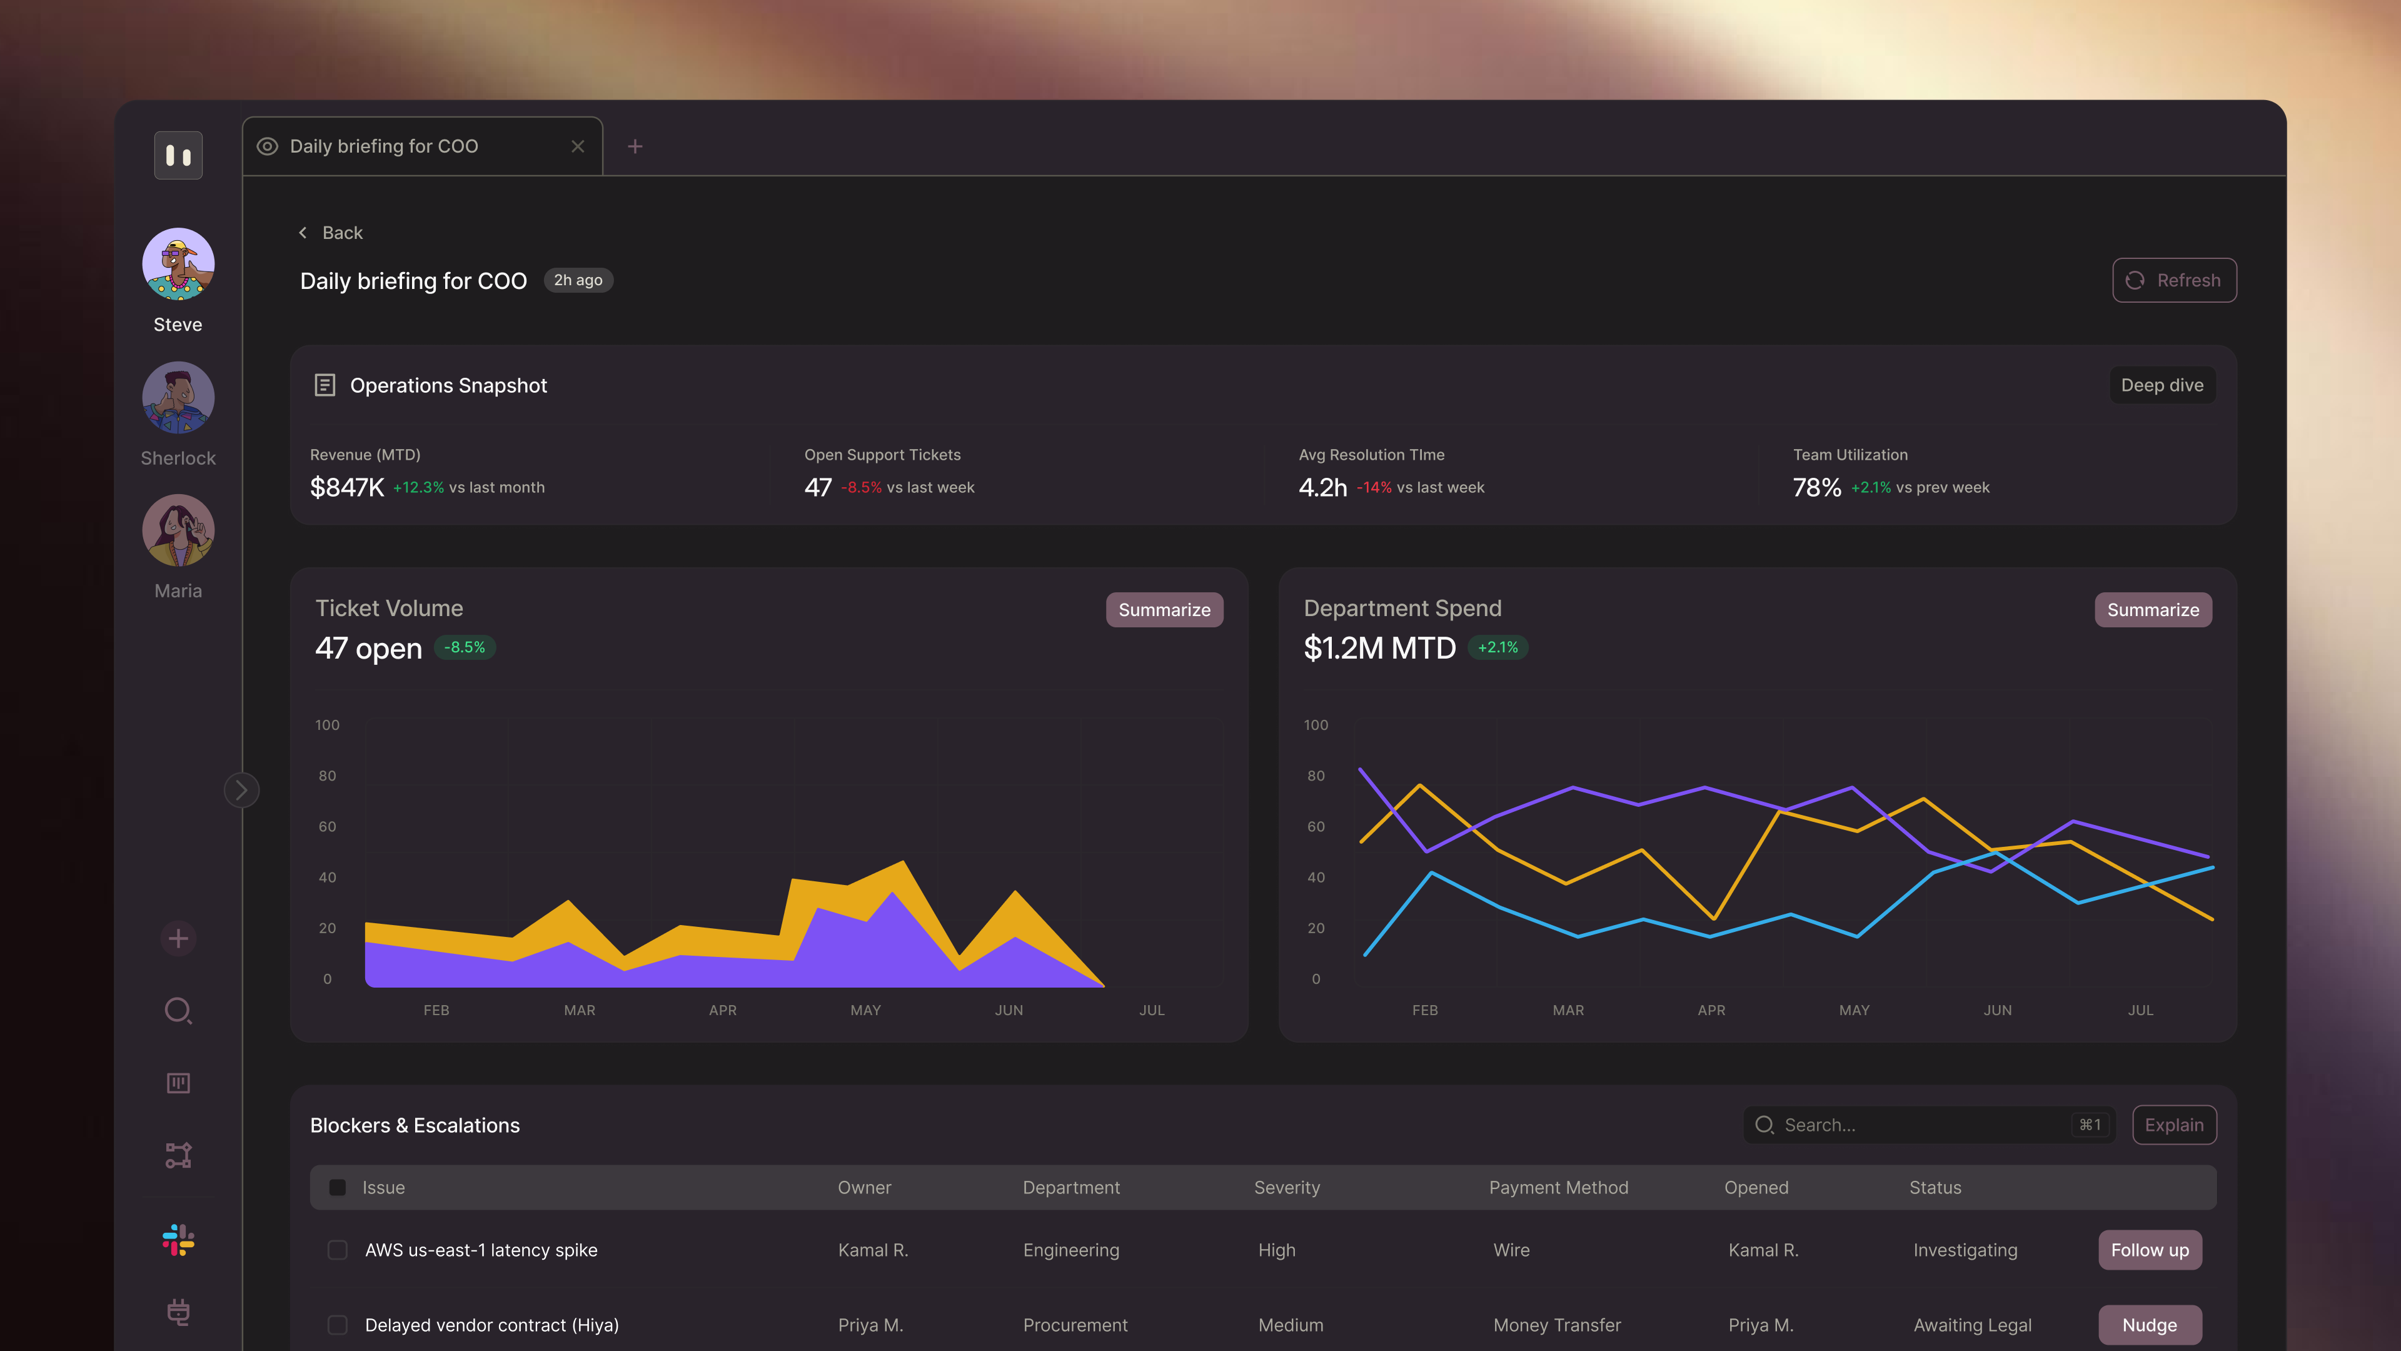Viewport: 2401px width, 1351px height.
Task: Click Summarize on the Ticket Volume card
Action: [1164, 610]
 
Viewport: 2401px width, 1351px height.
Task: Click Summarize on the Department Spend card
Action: [2152, 610]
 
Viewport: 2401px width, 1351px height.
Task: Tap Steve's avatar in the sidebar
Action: [178, 264]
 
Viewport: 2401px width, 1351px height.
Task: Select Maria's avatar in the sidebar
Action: [178, 530]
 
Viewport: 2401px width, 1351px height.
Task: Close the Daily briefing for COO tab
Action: [578, 146]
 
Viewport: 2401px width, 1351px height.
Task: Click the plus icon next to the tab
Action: [635, 146]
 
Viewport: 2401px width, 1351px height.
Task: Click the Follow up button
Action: [2150, 1250]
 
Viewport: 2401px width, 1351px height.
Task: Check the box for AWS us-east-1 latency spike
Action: [338, 1250]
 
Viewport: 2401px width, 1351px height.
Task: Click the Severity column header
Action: [1286, 1188]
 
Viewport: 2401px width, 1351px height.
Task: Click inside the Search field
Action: [1911, 1125]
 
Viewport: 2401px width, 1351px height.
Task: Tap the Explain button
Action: [2173, 1125]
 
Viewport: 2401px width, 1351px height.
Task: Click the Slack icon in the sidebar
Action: [178, 1240]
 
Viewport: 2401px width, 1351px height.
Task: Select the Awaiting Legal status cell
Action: [1972, 1325]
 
